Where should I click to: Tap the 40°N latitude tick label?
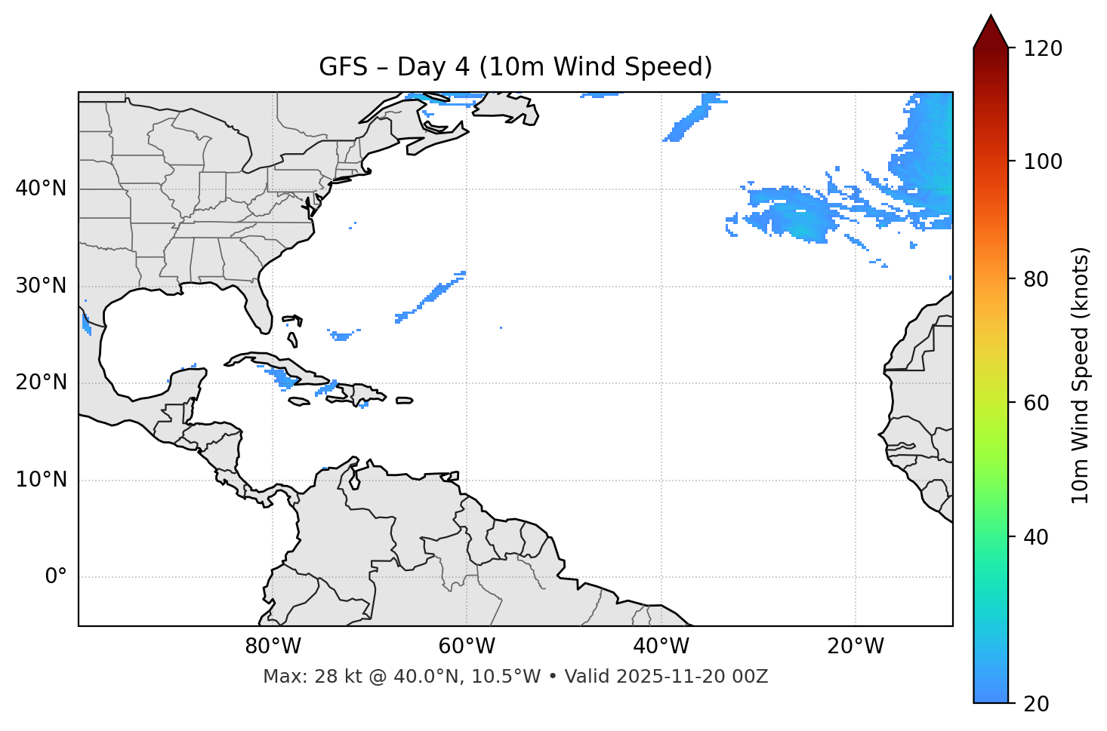(41, 189)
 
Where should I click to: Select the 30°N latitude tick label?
(41, 286)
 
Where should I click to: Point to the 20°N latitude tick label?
(41, 382)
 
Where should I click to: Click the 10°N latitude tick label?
(41, 480)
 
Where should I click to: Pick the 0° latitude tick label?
(56, 577)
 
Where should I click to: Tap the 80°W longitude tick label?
(273, 647)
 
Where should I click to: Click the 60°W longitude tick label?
(467, 647)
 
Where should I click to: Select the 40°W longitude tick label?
(661, 647)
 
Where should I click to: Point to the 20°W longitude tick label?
(856, 647)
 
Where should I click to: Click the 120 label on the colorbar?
(1043, 49)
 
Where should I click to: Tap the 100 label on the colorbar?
(1043, 161)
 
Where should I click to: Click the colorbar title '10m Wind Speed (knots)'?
(1081, 375)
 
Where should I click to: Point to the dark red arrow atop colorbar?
(991, 32)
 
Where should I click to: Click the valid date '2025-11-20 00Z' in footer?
(692, 677)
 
